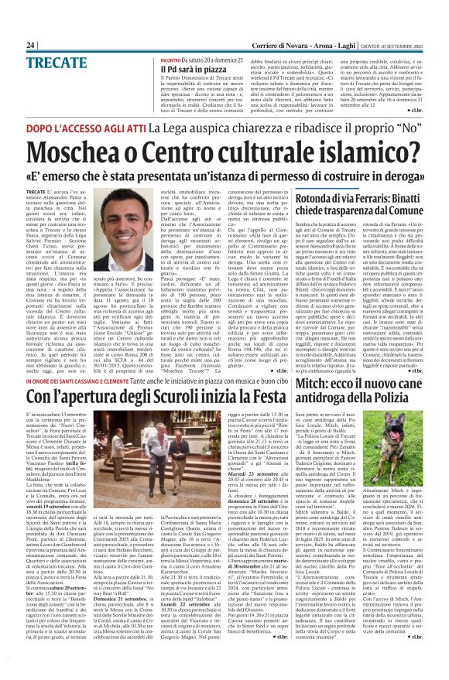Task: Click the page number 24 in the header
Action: tap(30, 46)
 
